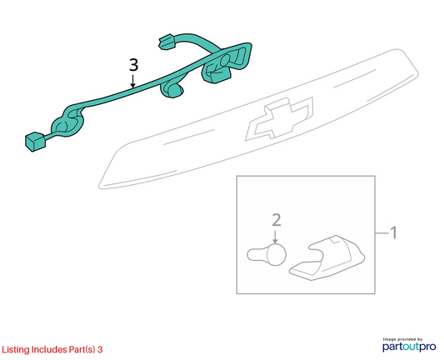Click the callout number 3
click(133, 64)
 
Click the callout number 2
click(277, 220)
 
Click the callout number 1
click(393, 232)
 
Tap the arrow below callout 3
click(132, 81)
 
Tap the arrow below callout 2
click(275, 237)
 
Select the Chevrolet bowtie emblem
click(280, 118)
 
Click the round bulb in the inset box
click(267, 254)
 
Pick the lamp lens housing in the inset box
click(327, 258)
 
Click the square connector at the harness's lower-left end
click(35, 141)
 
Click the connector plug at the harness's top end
click(167, 42)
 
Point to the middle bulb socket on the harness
click(172, 90)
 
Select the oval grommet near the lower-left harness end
click(67, 123)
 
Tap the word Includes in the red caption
click(49, 349)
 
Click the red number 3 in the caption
click(100, 349)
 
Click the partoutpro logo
click(409, 347)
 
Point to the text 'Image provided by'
click(402, 339)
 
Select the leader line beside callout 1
click(382, 233)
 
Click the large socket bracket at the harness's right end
click(227, 62)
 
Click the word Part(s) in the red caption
click(82, 350)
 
